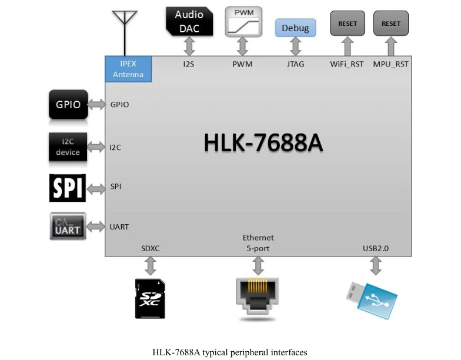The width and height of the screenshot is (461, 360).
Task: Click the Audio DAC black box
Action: click(189, 21)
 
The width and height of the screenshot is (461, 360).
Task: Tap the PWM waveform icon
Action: click(243, 22)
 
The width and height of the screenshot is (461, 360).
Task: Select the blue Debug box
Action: click(295, 28)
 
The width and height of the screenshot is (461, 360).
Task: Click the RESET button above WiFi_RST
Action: click(348, 24)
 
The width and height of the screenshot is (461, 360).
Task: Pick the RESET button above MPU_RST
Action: click(391, 24)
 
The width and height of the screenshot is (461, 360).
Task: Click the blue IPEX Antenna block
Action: click(128, 69)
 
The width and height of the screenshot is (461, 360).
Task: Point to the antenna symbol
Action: click(125, 33)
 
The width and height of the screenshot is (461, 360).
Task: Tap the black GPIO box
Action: click(68, 105)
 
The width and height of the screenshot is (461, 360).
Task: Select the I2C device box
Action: click(68, 147)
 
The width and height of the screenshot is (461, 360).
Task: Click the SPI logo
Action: click(68, 188)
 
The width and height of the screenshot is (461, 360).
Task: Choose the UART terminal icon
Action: click(68, 226)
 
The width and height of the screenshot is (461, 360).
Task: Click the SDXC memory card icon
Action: click(150, 299)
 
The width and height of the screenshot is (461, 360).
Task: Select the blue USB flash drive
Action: click(372, 300)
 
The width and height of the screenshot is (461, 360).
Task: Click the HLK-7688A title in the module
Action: click(263, 142)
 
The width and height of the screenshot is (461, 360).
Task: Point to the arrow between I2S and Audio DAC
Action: click(189, 46)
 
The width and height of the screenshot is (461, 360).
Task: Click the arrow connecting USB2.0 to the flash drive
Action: click(376, 266)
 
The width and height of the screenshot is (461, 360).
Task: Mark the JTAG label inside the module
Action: click(295, 64)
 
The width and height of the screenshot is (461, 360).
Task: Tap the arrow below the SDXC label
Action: click(151, 266)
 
